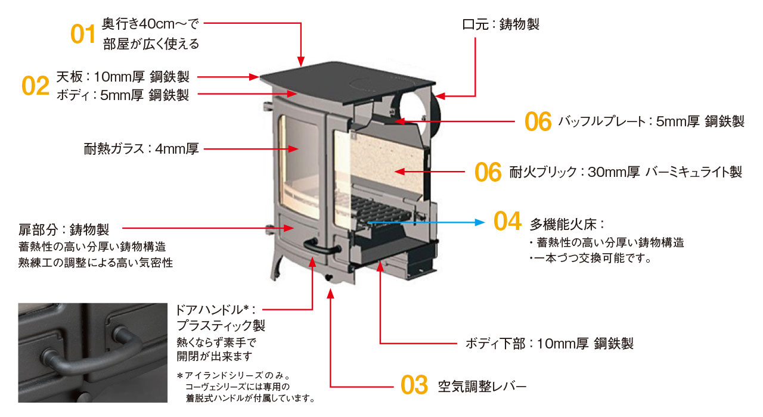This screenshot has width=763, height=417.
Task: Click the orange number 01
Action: pyautogui.click(x=83, y=33)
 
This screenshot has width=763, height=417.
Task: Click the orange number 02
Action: pyautogui.click(x=35, y=86)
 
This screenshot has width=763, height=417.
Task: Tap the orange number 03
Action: pyautogui.click(x=414, y=385)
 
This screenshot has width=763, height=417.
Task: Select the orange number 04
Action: pyautogui.click(x=507, y=222)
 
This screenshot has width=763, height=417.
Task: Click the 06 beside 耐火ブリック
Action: pyautogui.click(x=488, y=172)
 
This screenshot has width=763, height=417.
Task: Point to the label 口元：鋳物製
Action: pyautogui.click(x=501, y=24)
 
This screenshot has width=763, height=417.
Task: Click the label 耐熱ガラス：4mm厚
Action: pyautogui.click(x=141, y=149)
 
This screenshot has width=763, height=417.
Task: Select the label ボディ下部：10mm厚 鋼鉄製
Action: pyautogui.click(x=549, y=344)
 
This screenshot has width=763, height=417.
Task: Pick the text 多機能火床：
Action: pyautogui.click(x=567, y=225)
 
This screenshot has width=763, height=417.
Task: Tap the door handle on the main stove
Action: pyautogui.click(x=315, y=244)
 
